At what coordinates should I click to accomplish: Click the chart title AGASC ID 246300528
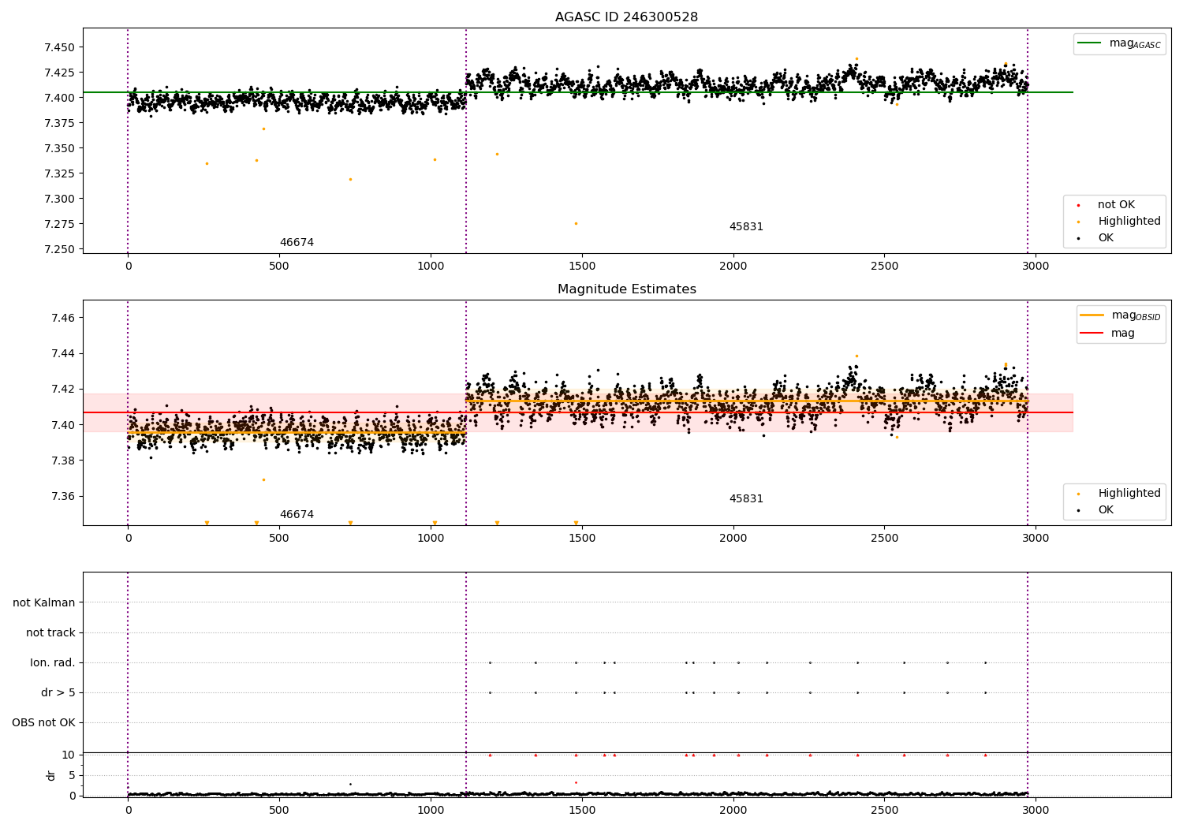coord(626,17)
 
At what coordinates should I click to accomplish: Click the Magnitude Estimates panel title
coord(627,289)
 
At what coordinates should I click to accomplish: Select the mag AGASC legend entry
coord(1119,43)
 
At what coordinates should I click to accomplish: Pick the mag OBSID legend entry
coord(1120,315)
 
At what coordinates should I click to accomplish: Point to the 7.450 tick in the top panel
coord(60,47)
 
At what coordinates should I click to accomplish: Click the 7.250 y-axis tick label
coord(60,249)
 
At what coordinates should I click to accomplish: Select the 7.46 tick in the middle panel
coord(63,318)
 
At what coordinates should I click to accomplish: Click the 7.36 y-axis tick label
coord(63,496)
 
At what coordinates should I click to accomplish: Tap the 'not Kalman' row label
coord(44,602)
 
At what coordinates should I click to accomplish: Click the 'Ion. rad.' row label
coord(52,662)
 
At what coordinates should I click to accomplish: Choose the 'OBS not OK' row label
coord(43,722)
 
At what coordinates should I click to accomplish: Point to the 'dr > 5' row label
coord(58,692)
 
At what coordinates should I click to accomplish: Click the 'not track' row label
coord(50,632)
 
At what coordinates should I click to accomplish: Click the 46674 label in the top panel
coord(297,242)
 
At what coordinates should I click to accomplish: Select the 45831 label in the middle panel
coord(746,498)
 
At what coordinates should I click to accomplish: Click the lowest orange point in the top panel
coord(577,224)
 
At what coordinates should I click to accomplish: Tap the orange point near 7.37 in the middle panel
coord(264,480)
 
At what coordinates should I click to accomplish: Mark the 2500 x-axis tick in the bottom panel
coord(885,810)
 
